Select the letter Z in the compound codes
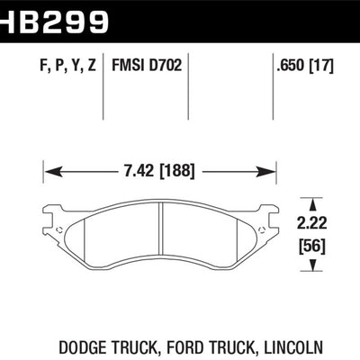(91, 66)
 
